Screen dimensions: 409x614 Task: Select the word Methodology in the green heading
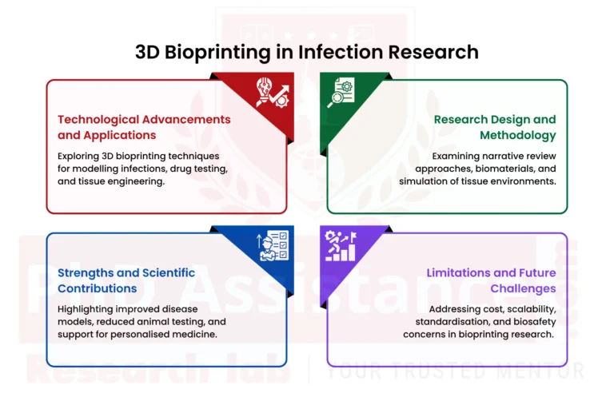click(x=518, y=135)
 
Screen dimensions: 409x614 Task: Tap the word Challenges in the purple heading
click(x=523, y=288)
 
